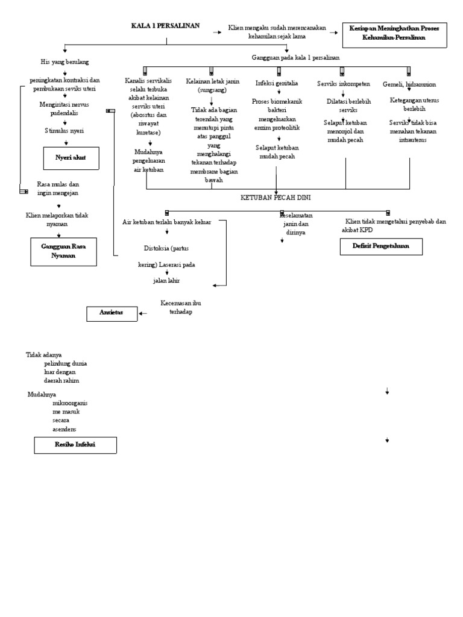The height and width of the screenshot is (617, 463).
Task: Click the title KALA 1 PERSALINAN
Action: [166, 25]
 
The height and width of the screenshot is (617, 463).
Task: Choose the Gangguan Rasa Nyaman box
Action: [64, 251]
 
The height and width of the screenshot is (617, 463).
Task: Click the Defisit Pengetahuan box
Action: [380, 246]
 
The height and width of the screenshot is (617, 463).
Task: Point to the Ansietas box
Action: [111, 313]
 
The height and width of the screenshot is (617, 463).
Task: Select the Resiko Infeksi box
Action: [75, 445]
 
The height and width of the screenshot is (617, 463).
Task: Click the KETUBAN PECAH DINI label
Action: [276, 197]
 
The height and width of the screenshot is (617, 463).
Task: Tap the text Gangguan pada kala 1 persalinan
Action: [295, 57]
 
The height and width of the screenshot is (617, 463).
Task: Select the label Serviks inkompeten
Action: [344, 83]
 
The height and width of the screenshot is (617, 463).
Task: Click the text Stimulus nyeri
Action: [65, 130]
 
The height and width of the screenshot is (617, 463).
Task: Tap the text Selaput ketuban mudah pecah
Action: [277, 151]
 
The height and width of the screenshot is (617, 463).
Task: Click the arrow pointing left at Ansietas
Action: [143, 313]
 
